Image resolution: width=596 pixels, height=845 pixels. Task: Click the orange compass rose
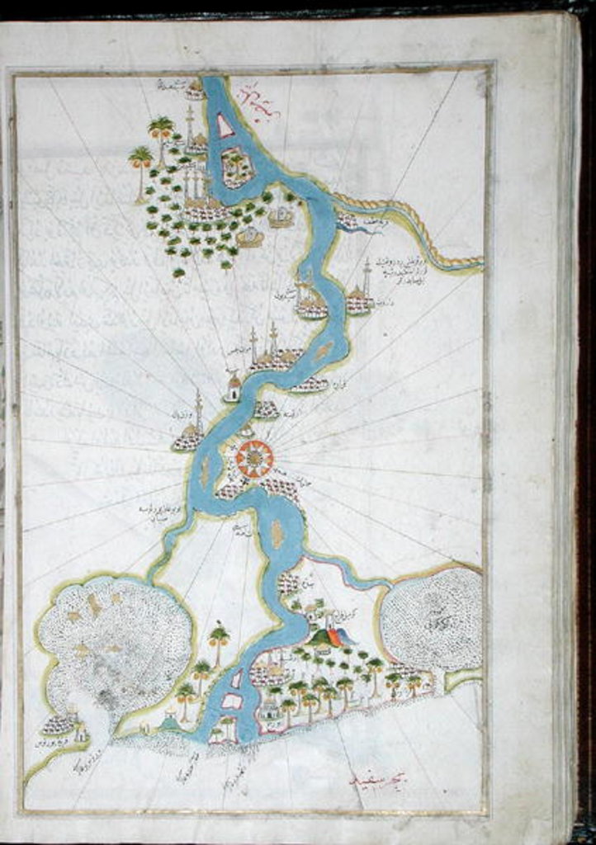click(x=253, y=457)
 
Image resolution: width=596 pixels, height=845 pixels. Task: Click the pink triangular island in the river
click(x=224, y=125)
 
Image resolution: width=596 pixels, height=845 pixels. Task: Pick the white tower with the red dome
click(x=233, y=385)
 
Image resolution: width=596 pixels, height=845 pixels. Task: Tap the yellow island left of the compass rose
click(x=204, y=471)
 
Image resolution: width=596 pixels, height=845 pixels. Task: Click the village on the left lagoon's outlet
click(x=59, y=725)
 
